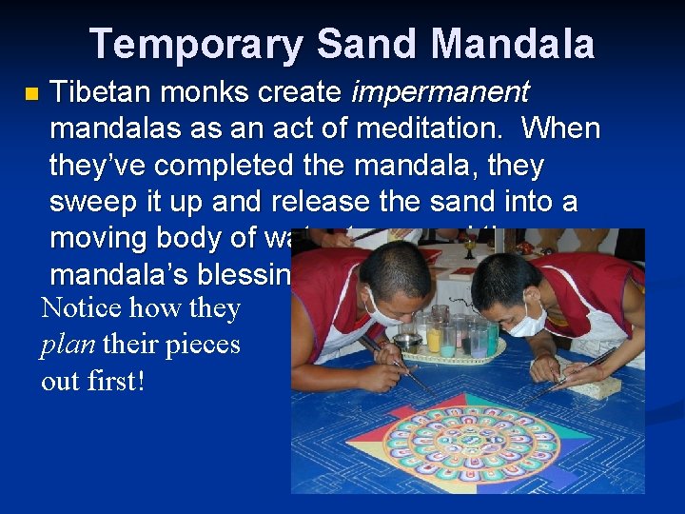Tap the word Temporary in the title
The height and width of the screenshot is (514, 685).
click(x=195, y=44)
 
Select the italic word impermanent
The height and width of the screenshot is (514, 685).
click(x=440, y=92)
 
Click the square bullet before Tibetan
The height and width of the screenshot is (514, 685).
click(x=31, y=94)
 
